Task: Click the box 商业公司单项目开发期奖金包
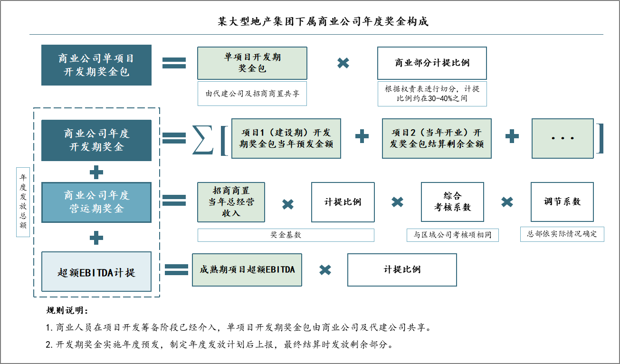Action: pos(96,65)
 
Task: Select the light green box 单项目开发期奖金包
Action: pos(252,63)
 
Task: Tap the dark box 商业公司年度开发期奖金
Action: pos(96,140)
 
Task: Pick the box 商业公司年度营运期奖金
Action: pos(96,202)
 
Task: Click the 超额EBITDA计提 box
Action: pos(96,272)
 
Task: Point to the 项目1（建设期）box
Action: pos(286,138)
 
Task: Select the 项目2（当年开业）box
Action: pos(437,138)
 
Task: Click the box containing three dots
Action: pos(563,138)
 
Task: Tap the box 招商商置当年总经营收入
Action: pos(231,202)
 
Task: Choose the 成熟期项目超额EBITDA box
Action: pos(247,270)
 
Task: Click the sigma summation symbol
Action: pos(203,139)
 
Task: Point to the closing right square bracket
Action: pos(601,138)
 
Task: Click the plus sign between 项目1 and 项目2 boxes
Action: pos(362,137)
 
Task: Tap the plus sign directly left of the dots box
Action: pos(512,137)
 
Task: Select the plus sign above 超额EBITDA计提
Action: pos(96,238)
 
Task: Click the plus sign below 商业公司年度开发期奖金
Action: pos(96,172)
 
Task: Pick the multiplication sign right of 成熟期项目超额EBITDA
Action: pos(325,270)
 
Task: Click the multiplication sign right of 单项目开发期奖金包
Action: pos(343,63)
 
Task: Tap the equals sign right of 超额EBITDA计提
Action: pos(176,270)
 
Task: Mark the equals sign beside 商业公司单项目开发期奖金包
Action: pos(174,63)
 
